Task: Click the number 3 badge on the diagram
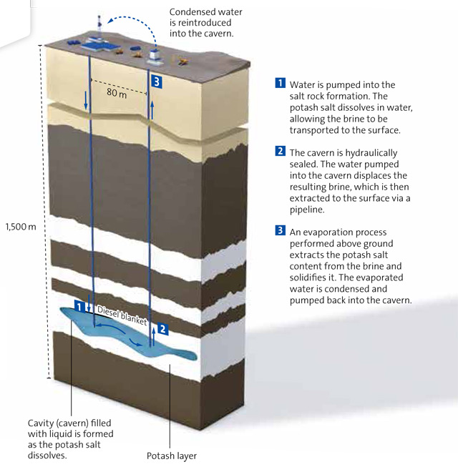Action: (x=157, y=82)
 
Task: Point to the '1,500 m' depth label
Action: (x=20, y=226)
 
